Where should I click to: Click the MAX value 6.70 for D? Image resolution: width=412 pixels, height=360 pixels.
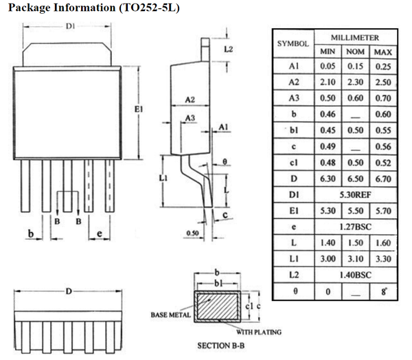382,179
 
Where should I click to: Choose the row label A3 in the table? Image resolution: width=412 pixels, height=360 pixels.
293,98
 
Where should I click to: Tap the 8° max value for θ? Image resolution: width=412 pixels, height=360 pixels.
382,291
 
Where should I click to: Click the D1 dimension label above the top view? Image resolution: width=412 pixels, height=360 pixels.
70,28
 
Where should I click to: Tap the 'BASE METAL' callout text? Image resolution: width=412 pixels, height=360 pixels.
170,315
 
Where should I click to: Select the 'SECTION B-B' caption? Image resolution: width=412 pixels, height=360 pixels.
220,346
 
